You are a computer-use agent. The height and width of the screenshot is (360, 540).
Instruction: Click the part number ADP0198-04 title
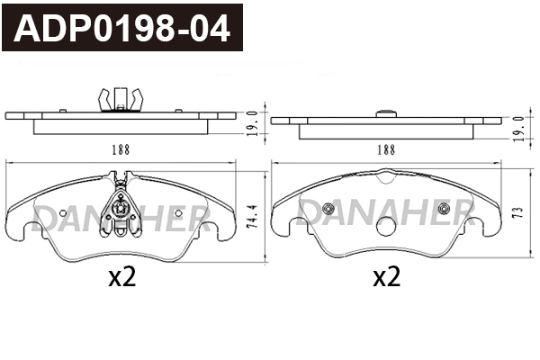(x=121, y=28)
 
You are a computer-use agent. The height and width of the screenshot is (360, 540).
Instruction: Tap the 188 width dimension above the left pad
(x=121, y=149)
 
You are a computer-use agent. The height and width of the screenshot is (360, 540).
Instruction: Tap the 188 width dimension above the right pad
(x=386, y=149)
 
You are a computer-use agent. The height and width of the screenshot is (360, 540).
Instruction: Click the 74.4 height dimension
(x=252, y=216)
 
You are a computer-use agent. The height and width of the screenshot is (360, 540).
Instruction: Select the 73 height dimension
(x=517, y=211)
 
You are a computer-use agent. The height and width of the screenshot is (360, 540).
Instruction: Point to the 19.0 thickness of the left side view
(x=253, y=123)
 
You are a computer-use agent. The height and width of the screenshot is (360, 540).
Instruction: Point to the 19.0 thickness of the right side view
(x=519, y=129)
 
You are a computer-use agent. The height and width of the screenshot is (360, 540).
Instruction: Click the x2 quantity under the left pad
(x=121, y=277)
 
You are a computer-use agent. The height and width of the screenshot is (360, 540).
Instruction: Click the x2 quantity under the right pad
(x=387, y=277)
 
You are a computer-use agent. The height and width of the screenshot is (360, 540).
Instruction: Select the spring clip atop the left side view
(x=121, y=99)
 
